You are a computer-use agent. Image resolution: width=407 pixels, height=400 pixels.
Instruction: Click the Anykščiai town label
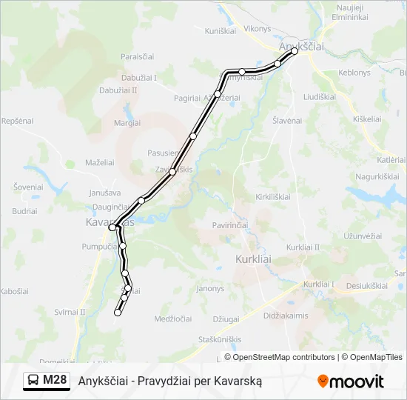[301, 46]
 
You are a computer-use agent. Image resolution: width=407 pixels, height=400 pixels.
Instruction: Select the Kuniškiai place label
[220, 31]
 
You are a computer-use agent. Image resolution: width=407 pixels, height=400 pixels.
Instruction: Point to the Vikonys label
[258, 29]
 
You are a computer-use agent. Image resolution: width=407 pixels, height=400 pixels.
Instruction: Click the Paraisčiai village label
[138, 56]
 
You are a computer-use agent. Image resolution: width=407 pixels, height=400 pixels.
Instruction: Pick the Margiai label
[127, 123]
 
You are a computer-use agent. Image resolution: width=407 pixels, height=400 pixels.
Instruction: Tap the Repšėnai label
[18, 120]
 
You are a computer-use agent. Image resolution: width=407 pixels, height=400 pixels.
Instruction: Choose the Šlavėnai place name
[287, 120]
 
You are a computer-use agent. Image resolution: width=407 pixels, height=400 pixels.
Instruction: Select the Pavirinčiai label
[230, 224]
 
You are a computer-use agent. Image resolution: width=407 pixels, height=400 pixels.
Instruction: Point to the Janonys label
[210, 288]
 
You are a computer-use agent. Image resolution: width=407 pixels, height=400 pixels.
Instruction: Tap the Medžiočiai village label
[173, 319]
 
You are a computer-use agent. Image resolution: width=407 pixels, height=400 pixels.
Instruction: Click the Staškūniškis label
[220, 339]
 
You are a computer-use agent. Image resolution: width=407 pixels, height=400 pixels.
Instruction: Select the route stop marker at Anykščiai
[295, 52]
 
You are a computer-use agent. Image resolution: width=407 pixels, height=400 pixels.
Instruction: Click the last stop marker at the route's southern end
[117, 313]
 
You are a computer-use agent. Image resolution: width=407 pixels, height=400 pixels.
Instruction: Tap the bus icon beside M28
[33, 381]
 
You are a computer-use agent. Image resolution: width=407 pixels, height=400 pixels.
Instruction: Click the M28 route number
[55, 381]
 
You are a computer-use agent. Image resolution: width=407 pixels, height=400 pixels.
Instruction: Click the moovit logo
[351, 381]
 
